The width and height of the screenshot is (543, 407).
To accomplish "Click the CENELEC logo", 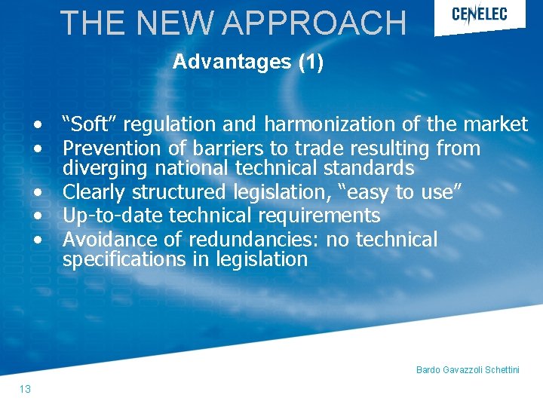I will click(479, 14).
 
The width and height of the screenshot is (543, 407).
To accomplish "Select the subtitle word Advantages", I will click(232, 62).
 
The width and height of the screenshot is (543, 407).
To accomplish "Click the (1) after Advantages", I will click(311, 62).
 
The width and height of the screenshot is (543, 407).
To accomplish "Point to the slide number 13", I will click(26, 389).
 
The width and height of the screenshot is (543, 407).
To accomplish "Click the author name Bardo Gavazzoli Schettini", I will click(468, 370).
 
